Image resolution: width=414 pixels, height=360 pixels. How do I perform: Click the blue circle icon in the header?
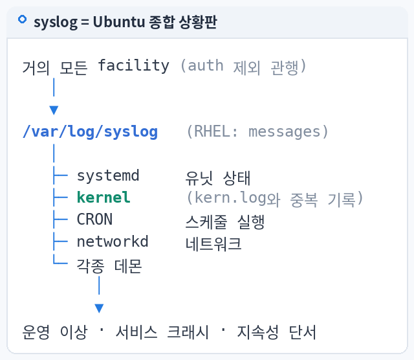(x=22, y=19)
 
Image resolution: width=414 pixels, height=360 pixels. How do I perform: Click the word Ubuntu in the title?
(x=119, y=21)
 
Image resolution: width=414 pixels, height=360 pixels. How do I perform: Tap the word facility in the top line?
(x=133, y=65)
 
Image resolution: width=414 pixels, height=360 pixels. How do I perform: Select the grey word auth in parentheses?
(x=206, y=65)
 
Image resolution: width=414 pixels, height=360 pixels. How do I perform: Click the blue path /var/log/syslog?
(x=91, y=131)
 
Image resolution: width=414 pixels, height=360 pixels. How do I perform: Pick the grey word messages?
(x=285, y=131)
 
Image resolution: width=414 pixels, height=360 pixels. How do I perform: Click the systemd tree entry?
(x=108, y=175)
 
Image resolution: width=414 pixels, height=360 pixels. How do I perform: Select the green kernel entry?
(x=103, y=197)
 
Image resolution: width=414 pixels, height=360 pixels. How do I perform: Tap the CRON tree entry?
(x=94, y=219)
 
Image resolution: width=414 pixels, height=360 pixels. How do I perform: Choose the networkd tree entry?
(x=113, y=242)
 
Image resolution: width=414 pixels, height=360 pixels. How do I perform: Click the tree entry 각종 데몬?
(x=109, y=265)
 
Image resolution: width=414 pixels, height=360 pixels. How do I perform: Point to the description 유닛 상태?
(x=218, y=178)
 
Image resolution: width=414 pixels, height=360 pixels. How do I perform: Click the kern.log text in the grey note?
(x=230, y=198)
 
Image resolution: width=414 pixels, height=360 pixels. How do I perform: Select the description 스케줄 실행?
(x=225, y=221)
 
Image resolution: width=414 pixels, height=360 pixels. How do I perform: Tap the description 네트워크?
(x=213, y=243)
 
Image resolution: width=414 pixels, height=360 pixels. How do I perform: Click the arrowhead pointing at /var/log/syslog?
(x=54, y=110)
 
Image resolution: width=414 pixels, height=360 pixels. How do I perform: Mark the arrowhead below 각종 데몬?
(x=99, y=308)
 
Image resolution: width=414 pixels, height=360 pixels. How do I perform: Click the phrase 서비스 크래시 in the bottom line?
(x=162, y=332)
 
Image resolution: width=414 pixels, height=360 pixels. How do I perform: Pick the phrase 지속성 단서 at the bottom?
(x=276, y=332)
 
